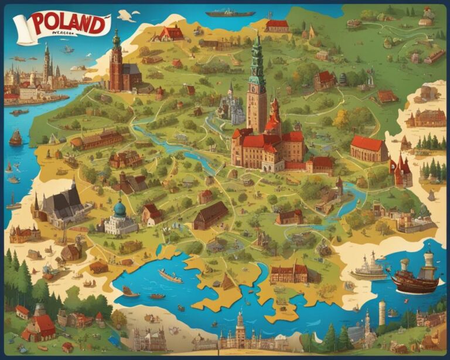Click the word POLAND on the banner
click(x=69, y=24)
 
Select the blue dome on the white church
click(x=120, y=208)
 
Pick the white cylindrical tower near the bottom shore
click(x=382, y=312)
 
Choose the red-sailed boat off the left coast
click(x=16, y=138)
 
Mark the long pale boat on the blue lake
click(x=171, y=276)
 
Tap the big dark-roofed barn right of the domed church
click(x=210, y=215)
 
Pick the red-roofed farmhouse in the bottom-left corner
click(x=40, y=327)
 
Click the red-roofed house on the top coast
click(x=277, y=26)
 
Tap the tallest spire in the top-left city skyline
click(x=46, y=62)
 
